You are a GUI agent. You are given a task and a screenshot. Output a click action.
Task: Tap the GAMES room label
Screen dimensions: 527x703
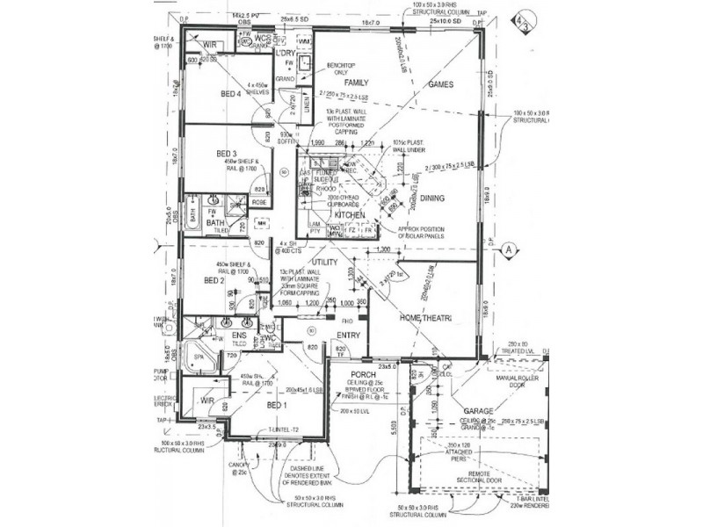(439, 85)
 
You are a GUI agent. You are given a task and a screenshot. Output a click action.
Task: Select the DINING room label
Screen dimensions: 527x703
(431, 199)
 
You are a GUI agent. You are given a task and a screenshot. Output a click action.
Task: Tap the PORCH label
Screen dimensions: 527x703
(363, 374)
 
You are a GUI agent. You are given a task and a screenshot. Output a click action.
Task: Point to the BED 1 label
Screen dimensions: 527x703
(276, 405)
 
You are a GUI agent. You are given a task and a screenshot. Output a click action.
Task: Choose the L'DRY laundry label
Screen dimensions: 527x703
(285, 54)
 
